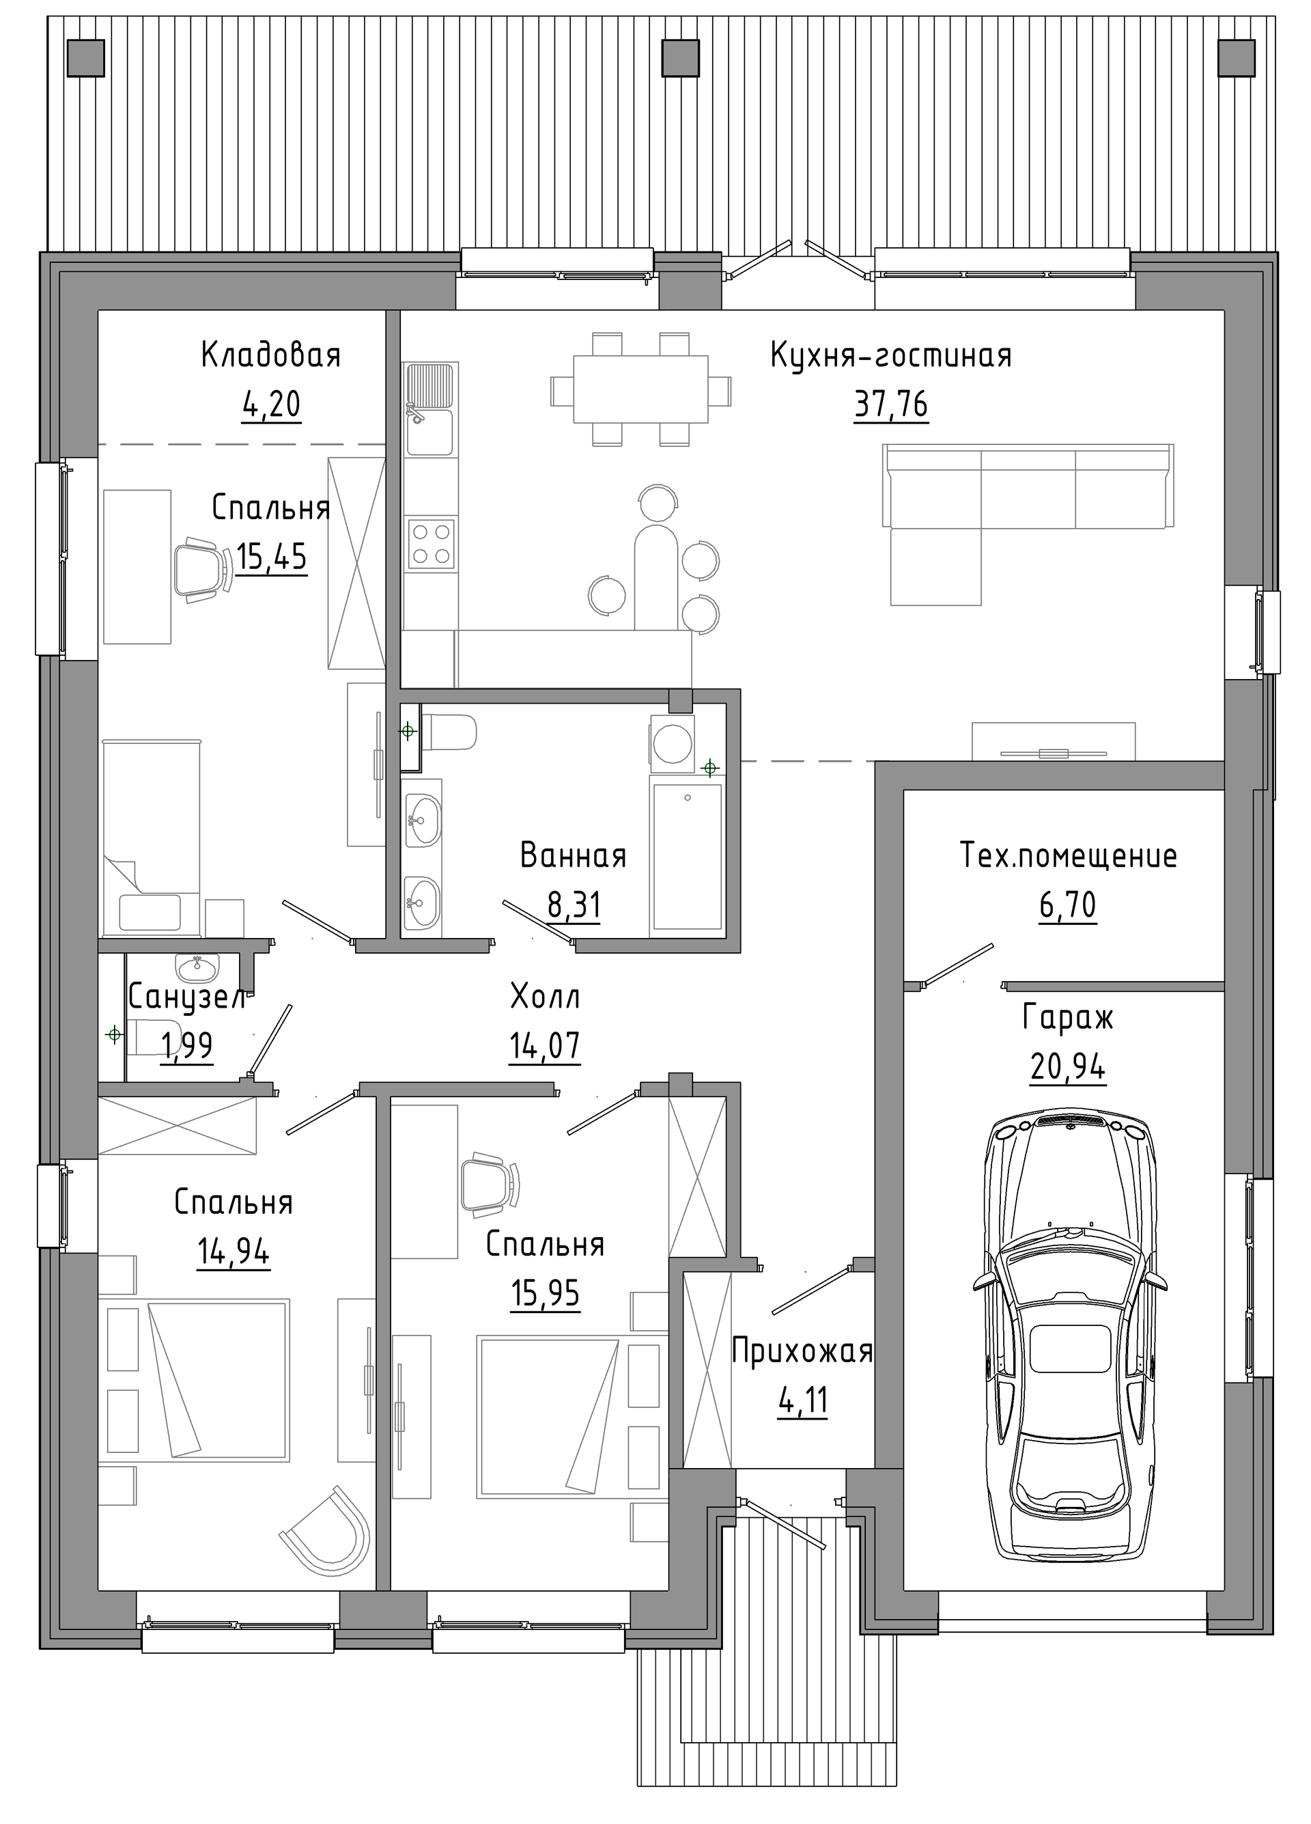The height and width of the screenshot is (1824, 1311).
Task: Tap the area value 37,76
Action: (890, 404)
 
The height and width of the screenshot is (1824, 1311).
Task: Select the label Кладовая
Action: (271, 355)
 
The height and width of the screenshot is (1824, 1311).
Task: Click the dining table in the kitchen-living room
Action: (640, 389)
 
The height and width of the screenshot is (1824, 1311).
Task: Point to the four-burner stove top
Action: (432, 543)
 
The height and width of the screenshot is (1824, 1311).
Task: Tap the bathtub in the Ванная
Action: (687, 859)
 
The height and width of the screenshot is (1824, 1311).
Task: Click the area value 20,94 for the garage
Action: (1067, 1067)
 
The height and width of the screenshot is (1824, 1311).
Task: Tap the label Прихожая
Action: (802, 1352)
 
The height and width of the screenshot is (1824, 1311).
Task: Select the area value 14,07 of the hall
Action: (544, 1045)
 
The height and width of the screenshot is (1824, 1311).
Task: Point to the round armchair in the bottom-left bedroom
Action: (326, 1530)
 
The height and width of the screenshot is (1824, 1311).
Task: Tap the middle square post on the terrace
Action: (681, 59)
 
